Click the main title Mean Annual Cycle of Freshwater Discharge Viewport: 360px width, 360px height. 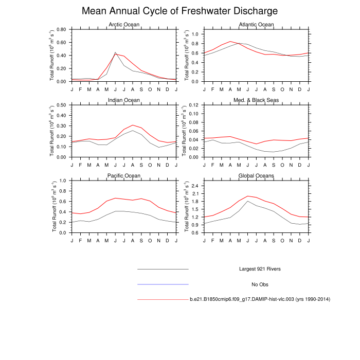[x=180, y=11]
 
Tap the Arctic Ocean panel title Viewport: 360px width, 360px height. [x=123, y=25]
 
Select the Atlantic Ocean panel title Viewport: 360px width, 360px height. [x=256, y=25]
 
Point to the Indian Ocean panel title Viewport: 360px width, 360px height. [x=123, y=100]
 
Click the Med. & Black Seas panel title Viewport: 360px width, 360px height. [x=256, y=100]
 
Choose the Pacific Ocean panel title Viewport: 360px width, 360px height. [x=123, y=175]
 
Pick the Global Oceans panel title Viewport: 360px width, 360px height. [x=256, y=175]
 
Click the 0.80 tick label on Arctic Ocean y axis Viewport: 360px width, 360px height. [x=61, y=29]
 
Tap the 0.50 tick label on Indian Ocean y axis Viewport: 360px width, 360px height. [x=61, y=105]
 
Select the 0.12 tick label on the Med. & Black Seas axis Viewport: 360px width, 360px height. [x=194, y=105]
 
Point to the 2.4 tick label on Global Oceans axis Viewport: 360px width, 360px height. [x=196, y=186]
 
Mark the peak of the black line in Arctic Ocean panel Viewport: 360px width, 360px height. [x=115, y=52]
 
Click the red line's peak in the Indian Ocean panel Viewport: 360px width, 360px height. [x=133, y=125]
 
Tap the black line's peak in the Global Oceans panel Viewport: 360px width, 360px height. [x=248, y=201]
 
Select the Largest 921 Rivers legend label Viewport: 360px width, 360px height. [x=260, y=269]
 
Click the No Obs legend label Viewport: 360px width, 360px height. [x=260, y=284]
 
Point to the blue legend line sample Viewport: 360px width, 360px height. [x=163, y=284]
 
